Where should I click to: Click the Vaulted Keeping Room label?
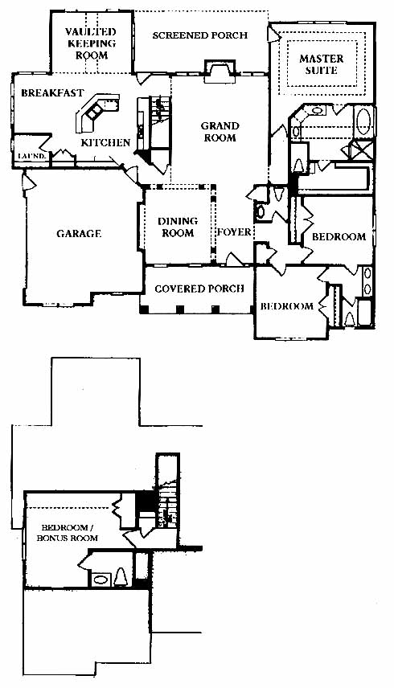pos(90,43)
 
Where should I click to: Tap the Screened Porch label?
pos(200,35)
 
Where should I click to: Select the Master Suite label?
pos(322,64)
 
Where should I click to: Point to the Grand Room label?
pos(220,132)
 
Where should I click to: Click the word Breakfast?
pos(52,93)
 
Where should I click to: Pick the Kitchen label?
pos(105,142)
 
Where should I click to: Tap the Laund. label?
pos(31,156)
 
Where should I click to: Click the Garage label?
pos(79,233)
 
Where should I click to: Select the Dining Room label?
pos(178,227)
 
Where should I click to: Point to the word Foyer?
pos(234,231)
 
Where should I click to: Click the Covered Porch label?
pos(199,289)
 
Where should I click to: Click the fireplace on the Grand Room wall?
pos(220,70)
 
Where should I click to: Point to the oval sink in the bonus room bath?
pos(101,579)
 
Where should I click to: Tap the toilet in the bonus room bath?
pos(121,578)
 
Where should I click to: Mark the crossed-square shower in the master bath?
pos(363,149)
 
